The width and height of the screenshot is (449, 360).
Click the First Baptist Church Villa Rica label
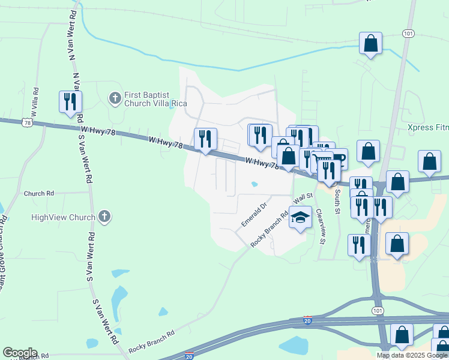[147, 99]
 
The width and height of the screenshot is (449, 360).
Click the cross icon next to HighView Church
[104, 217]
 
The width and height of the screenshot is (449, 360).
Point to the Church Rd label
[39, 194]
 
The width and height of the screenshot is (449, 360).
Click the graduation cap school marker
[300, 218]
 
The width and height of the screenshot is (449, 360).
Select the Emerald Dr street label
[253, 215]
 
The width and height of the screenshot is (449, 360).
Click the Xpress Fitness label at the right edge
[427, 128]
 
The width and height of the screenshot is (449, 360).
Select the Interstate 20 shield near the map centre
[307, 321]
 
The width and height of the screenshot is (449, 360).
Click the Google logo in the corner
[20, 353]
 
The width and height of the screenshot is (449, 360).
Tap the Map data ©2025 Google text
[412, 355]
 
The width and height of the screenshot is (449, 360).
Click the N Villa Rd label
[36, 101]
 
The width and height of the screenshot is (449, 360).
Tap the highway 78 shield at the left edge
[26, 122]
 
